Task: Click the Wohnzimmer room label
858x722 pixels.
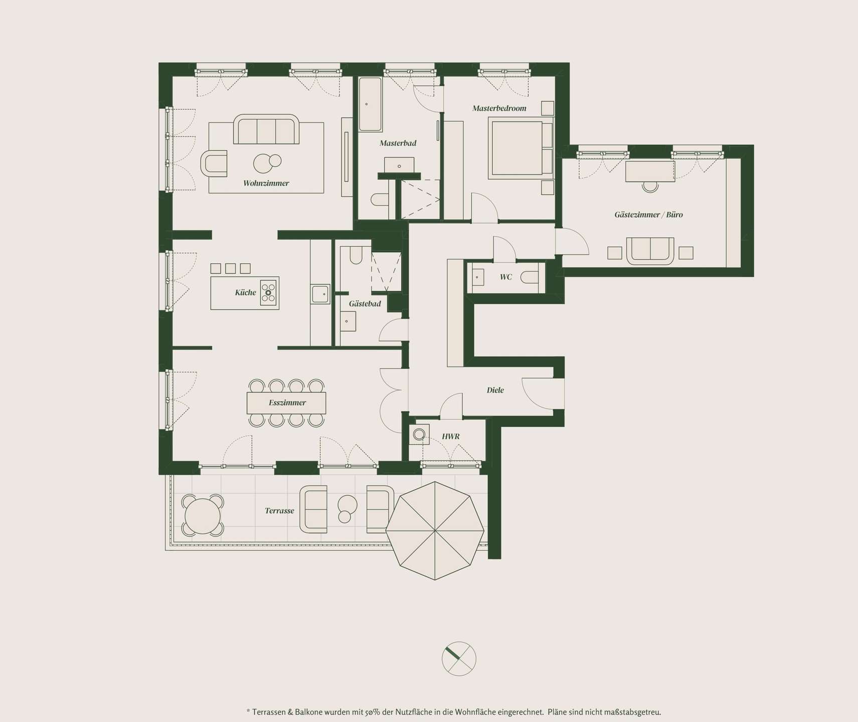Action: pyautogui.click(x=266, y=183)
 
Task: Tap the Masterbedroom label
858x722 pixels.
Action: pyautogui.click(x=499, y=108)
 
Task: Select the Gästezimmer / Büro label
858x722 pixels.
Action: pyautogui.click(x=648, y=215)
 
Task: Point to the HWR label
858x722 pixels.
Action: pyautogui.click(x=450, y=436)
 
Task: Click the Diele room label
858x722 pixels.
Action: pyautogui.click(x=495, y=390)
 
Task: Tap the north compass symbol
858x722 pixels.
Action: pyautogui.click(x=459, y=659)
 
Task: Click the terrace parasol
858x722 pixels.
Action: pyautogui.click(x=435, y=530)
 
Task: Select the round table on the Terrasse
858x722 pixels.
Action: pyautogui.click(x=203, y=516)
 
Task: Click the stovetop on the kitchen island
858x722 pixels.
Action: pyautogui.click(x=269, y=292)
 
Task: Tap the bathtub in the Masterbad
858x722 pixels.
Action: pyautogui.click(x=371, y=104)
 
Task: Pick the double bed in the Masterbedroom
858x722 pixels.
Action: pyautogui.click(x=521, y=148)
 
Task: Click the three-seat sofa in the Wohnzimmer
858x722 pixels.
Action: pyautogui.click(x=266, y=129)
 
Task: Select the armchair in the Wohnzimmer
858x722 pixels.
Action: pyautogui.click(x=214, y=163)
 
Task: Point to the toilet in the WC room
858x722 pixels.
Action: pyautogui.click(x=530, y=277)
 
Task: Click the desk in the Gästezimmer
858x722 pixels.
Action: pyautogui.click(x=650, y=171)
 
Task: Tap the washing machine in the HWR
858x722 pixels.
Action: pyautogui.click(x=419, y=434)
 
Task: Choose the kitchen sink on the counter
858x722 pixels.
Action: pyautogui.click(x=320, y=294)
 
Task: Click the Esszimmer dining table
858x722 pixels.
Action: pyautogui.click(x=286, y=403)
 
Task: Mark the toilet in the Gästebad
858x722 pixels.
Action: pyautogui.click(x=356, y=255)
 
